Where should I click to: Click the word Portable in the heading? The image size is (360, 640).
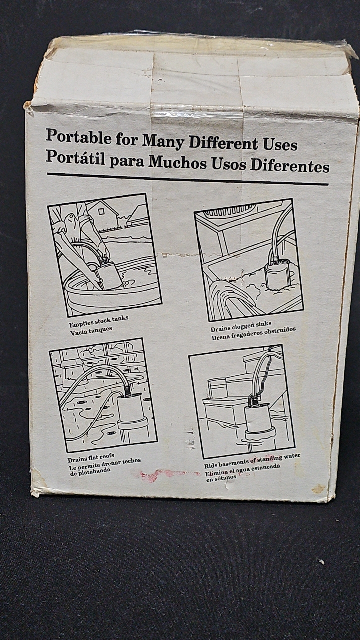pos(79,136)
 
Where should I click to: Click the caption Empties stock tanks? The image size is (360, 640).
pos(99,321)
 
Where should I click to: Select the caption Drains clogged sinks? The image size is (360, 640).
pos(241,326)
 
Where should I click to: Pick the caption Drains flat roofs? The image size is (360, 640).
pos(91,458)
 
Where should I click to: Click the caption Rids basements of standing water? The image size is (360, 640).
pos(252,461)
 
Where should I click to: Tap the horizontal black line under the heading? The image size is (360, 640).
pos(188,179)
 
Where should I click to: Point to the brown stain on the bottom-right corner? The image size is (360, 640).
pos(319,488)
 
